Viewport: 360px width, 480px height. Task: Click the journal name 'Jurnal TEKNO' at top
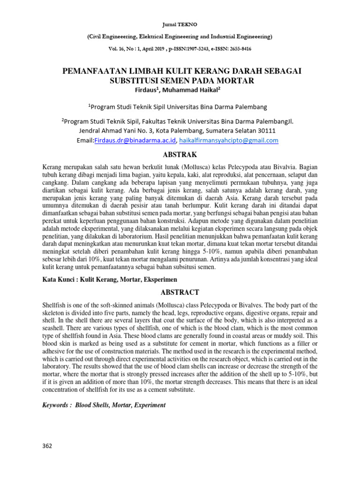[x=180, y=23]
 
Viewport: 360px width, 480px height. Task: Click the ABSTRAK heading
[x=180, y=154]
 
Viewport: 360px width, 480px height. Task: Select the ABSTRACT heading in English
[x=180, y=292]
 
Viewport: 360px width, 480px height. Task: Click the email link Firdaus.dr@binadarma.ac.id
[x=135, y=140]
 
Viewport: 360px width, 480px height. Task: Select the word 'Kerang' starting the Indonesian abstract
[x=52, y=166]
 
